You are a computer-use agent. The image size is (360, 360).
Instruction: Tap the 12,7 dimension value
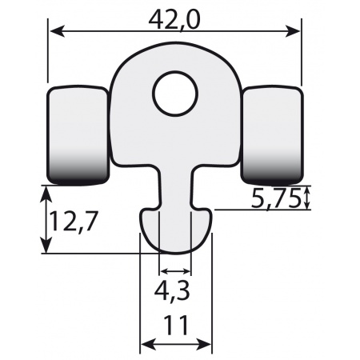click(72, 221)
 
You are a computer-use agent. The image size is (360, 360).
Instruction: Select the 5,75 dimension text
click(275, 198)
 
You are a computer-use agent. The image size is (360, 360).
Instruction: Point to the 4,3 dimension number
click(172, 291)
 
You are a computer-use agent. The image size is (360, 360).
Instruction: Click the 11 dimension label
click(176, 326)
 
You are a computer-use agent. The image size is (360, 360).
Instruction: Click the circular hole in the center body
click(175, 94)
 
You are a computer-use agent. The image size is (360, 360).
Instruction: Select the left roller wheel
click(78, 135)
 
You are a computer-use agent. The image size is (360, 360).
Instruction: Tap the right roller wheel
click(272, 135)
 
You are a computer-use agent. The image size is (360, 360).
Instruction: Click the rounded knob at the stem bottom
click(175, 230)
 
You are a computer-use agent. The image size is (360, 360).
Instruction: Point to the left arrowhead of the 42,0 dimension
click(57, 31)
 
